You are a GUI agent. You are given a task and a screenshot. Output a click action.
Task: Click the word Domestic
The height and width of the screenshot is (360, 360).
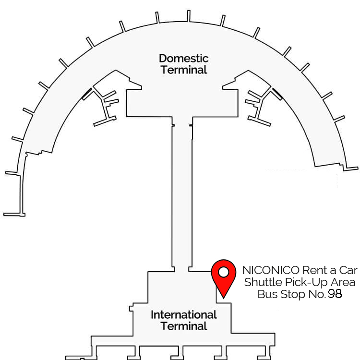(184, 58)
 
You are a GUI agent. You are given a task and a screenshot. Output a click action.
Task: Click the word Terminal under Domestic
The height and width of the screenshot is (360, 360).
(184, 70)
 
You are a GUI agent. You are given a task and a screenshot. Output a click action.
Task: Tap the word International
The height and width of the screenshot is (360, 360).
(184, 315)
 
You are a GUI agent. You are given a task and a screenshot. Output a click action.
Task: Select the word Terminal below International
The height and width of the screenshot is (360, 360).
(184, 326)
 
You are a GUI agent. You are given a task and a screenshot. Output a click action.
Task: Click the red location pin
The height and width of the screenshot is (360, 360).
(224, 279)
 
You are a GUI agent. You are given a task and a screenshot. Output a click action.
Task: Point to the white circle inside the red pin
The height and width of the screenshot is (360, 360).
(224, 272)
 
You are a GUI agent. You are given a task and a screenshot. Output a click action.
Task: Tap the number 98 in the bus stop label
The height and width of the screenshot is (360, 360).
(335, 294)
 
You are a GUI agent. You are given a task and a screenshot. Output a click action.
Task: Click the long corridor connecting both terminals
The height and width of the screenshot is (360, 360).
(182, 193)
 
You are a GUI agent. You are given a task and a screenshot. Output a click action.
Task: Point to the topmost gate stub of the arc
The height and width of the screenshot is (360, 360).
(189, 16)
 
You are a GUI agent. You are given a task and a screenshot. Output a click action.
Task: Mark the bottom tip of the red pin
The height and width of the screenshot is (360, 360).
(224, 299)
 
